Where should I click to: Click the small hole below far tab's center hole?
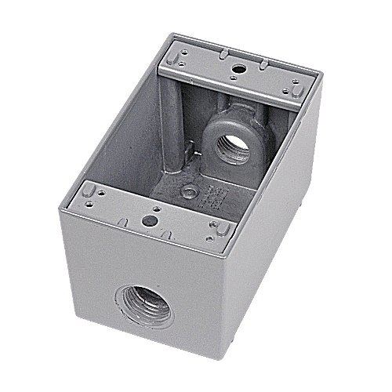coord(234,79)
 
